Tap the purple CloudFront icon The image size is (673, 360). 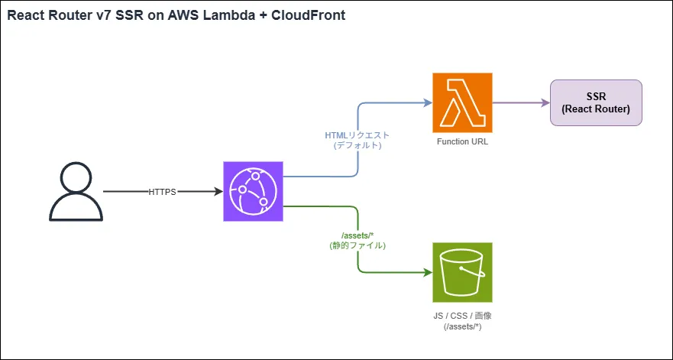click(x=253, y=191)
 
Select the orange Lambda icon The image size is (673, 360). click(x=462, y=102)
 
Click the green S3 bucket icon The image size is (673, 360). click(x=462, y=272)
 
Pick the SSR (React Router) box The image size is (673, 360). click(x=597, y=102)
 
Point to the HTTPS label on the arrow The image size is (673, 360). click(x=163, y=191)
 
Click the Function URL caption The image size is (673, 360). click(x=462, y=142)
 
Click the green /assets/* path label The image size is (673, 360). click(x=358, y=235)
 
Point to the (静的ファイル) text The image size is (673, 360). click(x=358, y=246)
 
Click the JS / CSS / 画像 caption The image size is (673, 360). click(x=463, y=316)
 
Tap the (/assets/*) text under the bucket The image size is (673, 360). click(x=463, y=326)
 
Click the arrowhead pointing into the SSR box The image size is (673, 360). click(x=545, y=102)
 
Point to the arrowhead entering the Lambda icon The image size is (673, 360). click(x=427, y=102)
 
